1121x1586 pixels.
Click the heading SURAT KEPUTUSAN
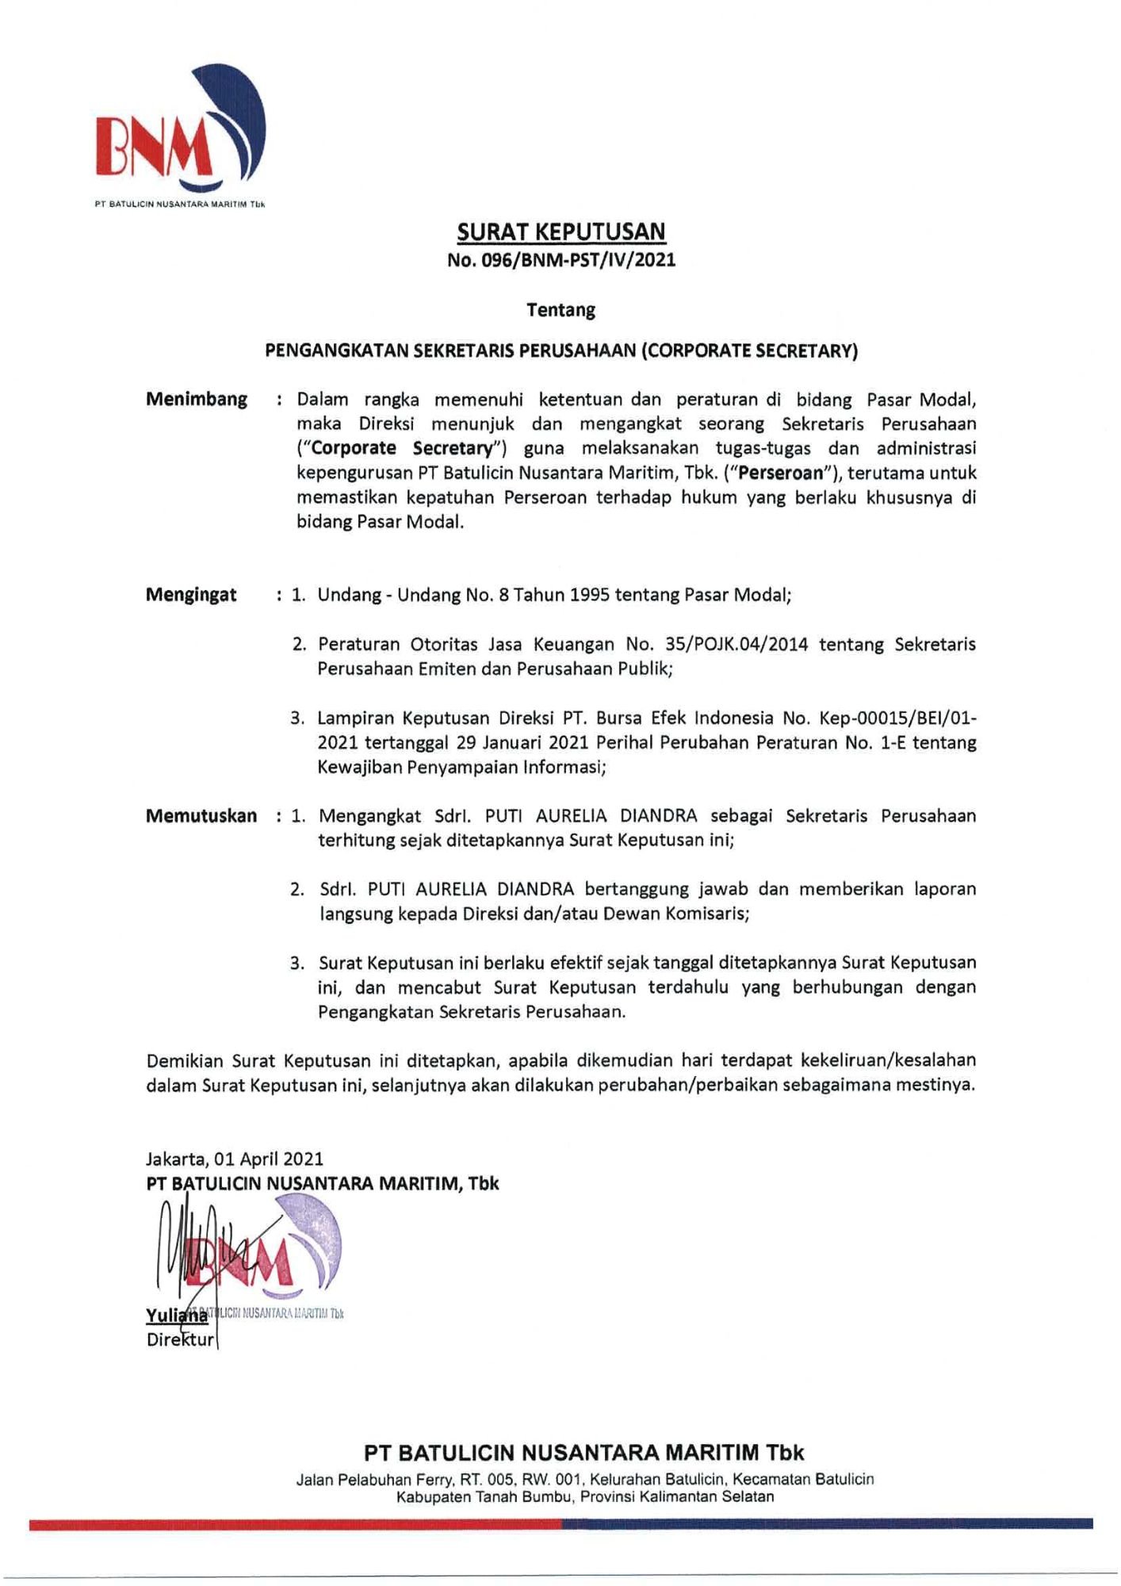561,232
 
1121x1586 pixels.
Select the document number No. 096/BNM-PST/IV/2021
561,259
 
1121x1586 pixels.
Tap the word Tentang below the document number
561,310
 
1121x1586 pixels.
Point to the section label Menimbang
197,399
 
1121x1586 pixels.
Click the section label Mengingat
191,595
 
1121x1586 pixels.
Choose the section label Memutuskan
201,816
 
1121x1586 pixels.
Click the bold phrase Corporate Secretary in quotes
402,448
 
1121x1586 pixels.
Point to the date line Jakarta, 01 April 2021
235,1159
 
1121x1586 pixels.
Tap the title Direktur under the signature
180,1340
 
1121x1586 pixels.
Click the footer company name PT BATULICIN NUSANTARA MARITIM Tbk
584,1453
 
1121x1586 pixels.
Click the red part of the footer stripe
293,1523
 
